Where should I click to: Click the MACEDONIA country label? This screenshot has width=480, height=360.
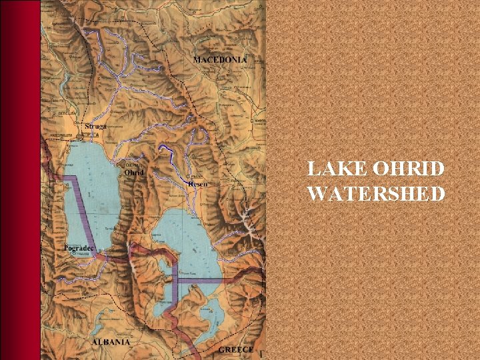coord(219,59)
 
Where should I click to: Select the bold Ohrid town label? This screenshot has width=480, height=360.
coord(134,171)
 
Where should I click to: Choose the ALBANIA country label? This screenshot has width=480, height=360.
coord(111,341)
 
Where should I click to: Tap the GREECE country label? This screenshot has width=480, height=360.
coord(235,349)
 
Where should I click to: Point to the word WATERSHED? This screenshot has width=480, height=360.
coord(375,194)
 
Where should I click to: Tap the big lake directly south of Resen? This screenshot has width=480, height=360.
coord(187,240)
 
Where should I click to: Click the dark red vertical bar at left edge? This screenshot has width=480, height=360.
coord(20,180)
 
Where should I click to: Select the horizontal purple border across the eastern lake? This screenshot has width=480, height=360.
coord(200,281)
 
